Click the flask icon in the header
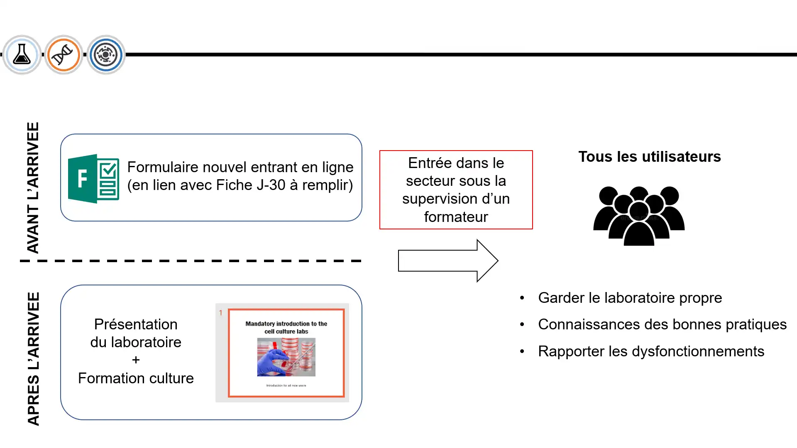pos(22,54)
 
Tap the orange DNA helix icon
pos(64,54)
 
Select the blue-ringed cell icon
pos(106,54)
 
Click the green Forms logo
pos(93,178)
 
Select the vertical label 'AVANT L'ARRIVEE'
pos(33,187)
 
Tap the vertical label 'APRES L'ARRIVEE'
pos(33,359)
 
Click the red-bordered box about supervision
pos(456,190)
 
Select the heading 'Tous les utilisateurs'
pos(649,157)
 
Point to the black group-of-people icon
pos(638,216)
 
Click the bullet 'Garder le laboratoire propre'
pos(630,298)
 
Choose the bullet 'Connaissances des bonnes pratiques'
pos(662,324)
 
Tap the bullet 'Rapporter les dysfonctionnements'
pos(651,351)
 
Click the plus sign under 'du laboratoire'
pos(136,360)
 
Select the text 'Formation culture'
pos(136,378)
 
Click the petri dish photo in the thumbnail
pos(286,357)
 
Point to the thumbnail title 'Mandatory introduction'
pos(286,324)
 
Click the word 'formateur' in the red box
pos(456,217)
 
